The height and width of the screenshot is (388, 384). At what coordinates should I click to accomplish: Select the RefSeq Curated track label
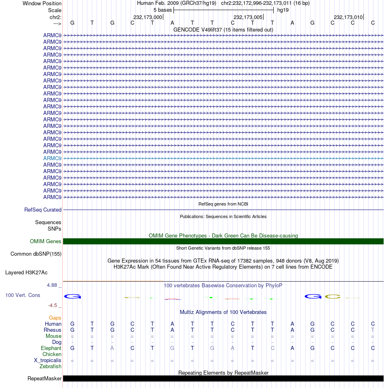[x=43, y=210]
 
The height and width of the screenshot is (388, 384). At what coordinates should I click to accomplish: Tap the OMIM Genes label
[x=46, y=242]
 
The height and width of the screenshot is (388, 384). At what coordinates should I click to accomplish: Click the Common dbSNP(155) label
[x=36, y=254]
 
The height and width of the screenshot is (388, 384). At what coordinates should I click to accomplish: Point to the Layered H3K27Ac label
[x=32, y=273]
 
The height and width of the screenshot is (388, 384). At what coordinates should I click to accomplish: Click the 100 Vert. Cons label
[x=23, y=295]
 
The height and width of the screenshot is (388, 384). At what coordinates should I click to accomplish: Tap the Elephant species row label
[x=51, y=348]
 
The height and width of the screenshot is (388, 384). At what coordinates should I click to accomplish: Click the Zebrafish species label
[x=51, y=367]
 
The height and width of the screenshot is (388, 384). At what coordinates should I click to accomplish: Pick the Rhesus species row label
[x=52, y=330]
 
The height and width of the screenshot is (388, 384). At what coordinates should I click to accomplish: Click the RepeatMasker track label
[x=44, y=379]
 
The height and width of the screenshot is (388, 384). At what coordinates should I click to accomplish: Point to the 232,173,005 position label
[x=248, y=17]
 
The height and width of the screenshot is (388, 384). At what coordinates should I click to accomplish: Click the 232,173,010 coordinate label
[x=348, y=17]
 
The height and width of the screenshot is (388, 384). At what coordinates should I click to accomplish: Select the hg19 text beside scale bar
[x=283, y=10]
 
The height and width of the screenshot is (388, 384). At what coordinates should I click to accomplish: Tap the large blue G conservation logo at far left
[x=73, y=297]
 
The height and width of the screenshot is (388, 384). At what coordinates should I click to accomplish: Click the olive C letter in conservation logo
[x=333, y=297]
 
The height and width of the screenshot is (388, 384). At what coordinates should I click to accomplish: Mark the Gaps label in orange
[x=55, y=318]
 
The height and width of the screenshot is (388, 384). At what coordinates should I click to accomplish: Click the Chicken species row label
[x=52, y=354]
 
